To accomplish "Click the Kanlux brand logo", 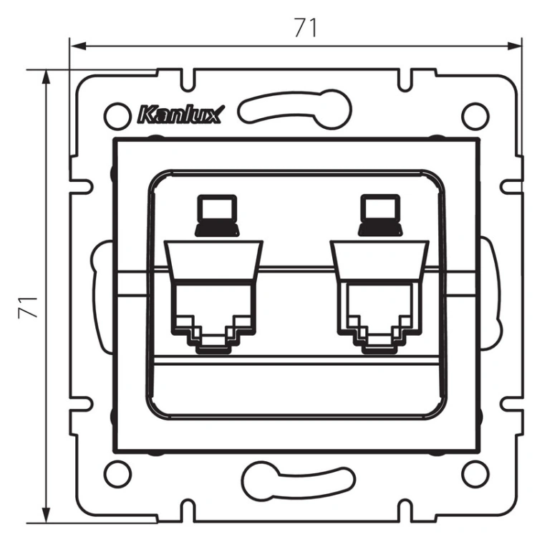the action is (180, 115).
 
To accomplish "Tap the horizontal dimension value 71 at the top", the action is (306, 27).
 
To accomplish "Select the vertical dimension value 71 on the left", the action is (28, 307).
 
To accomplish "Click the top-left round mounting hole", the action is (117, 117).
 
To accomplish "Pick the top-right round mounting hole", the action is (475, 117).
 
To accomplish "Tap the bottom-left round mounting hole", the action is (117, 474).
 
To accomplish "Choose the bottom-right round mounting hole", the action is (475, 474).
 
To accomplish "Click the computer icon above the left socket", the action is (217, 216).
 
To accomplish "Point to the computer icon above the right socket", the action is (380, 216).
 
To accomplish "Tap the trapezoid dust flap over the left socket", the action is (213, 261).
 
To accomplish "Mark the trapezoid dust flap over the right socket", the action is (379, 261).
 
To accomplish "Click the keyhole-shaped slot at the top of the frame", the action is (294, 109).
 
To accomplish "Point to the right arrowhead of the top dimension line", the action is (514, 46).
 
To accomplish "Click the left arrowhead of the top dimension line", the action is (77, 46).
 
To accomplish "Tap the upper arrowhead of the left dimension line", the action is (46, 77).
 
